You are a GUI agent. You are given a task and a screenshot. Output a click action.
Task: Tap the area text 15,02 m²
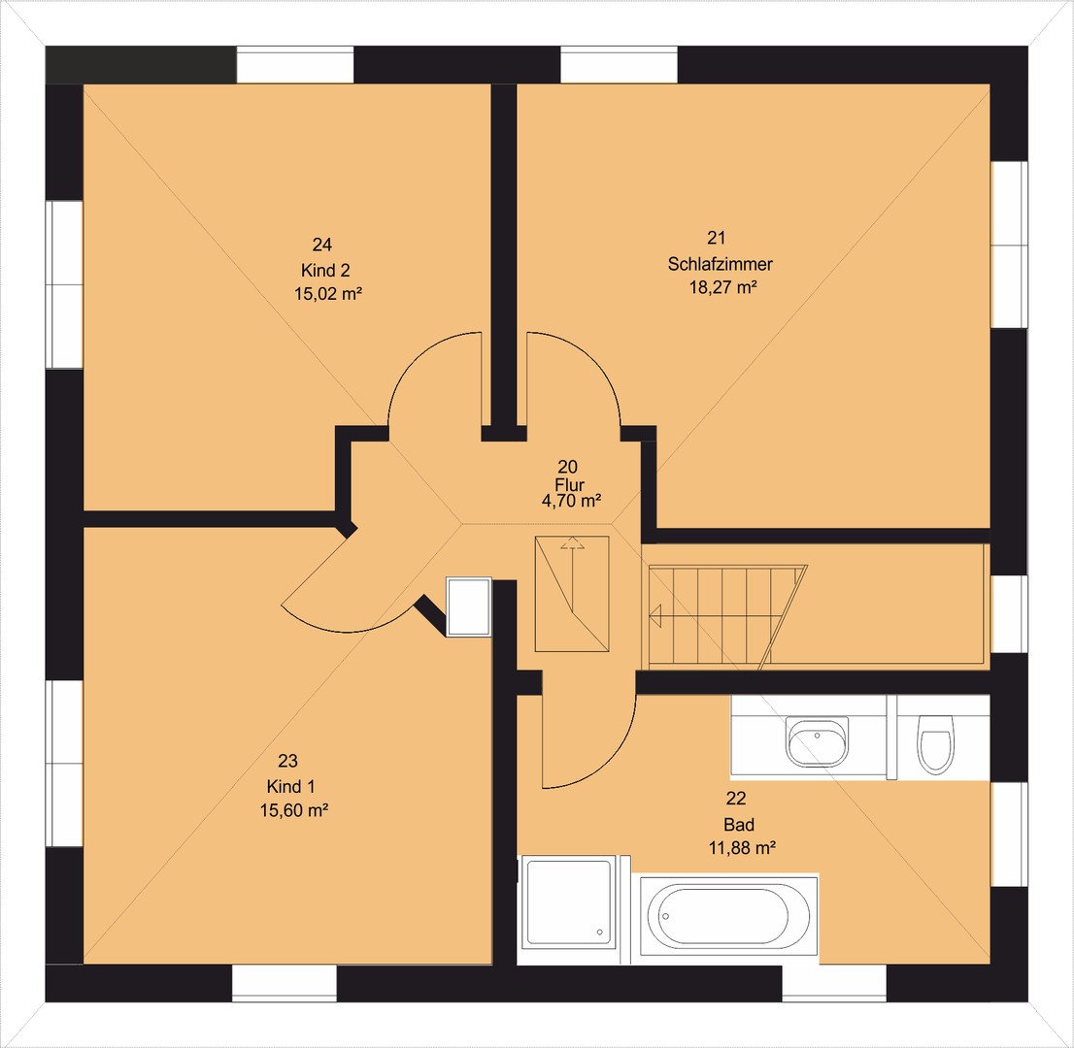[328, 294]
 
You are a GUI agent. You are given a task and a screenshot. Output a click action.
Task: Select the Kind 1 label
[291, 786]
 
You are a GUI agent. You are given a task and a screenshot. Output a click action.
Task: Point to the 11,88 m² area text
[742, 848]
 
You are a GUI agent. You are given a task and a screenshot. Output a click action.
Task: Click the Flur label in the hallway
[570, 484]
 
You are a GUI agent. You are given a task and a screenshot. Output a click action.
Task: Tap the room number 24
[322, 245]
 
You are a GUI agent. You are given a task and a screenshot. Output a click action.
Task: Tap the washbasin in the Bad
[818, 741]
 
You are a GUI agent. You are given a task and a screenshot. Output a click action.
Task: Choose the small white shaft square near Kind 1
[469, 606]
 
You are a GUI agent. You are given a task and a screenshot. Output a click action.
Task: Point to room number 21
[716, 238]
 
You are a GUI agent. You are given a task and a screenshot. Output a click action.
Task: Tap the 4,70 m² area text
[571, 501]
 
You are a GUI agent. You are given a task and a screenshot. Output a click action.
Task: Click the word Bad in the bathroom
[738, 824]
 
